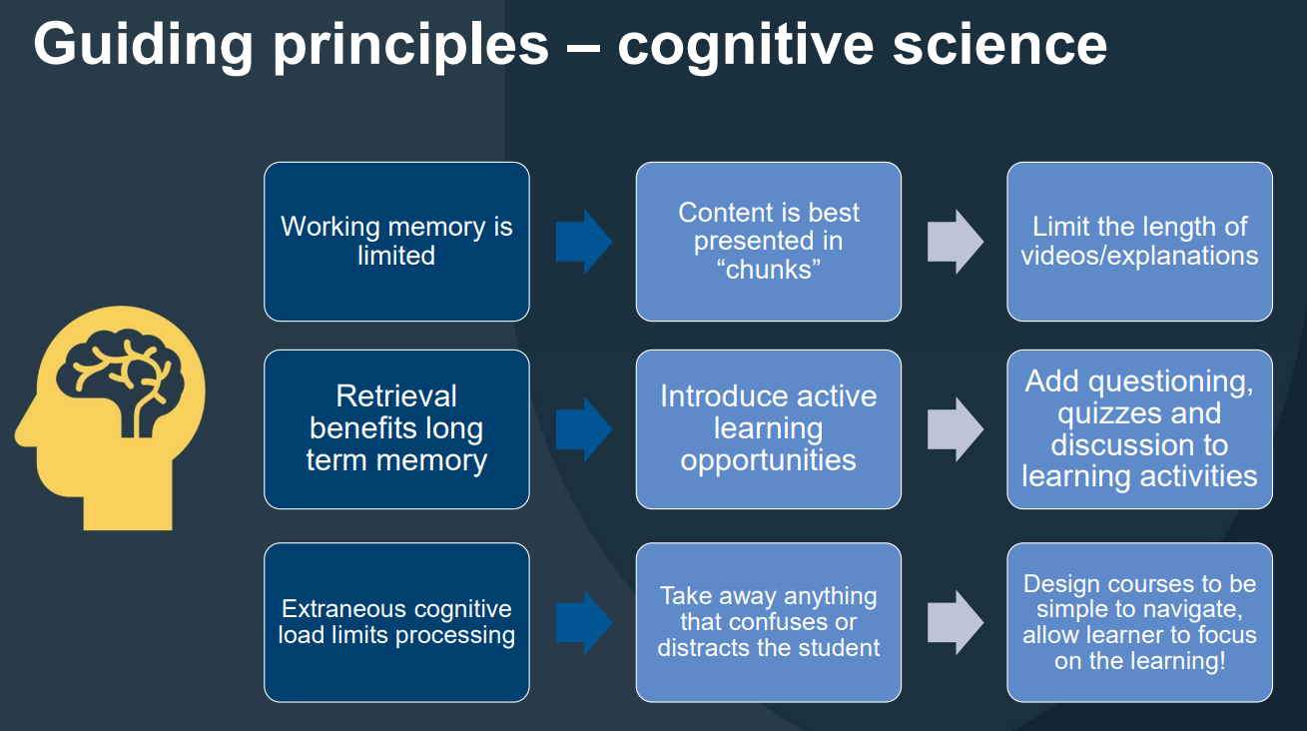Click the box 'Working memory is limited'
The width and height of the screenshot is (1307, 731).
[x=396, y=241]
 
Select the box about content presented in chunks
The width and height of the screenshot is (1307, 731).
[x=768, y=241]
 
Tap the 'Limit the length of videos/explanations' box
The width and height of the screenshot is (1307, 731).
[x=1139, y=241]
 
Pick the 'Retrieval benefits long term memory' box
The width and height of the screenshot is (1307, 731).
[x=396, y=428]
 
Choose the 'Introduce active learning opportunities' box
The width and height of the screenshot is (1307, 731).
[x=768, y=428]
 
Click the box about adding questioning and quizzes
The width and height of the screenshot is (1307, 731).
[x=1139, y=428]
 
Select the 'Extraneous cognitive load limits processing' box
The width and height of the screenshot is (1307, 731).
[x=396, y=621]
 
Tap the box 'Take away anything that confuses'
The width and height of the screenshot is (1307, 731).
[x=768, y=621]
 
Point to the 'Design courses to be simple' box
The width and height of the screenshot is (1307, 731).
[x=1139, y=621]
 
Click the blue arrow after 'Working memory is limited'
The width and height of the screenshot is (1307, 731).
[x=583, y=241]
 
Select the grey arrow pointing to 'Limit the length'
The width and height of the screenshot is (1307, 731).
[x=955, y=241]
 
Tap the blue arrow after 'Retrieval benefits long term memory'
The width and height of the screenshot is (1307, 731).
[x=583, y=429]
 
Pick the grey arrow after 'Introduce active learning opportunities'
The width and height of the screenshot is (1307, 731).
[x=955, y=429]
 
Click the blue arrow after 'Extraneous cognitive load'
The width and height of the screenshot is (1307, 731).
[x=583, y=622]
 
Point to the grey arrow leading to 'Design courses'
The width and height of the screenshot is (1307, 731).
[x=955, y=622]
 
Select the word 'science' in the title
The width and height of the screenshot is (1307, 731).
[x=999, y=44]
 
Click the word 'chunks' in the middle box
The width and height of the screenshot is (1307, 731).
[x=769, y=270]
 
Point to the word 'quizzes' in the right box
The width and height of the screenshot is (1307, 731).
[x=1138, y=412]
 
